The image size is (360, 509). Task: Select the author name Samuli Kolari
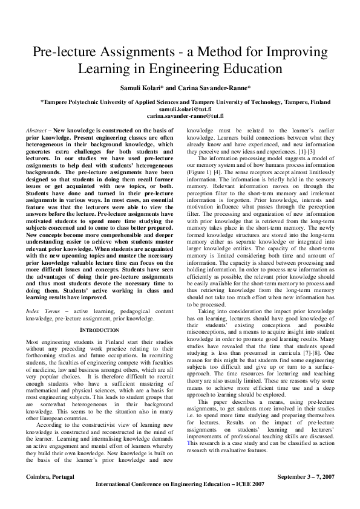click(x=145, y=89)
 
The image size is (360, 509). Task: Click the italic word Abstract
click(x=38, y=131)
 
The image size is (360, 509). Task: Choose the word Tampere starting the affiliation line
click(x=56, y=102)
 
